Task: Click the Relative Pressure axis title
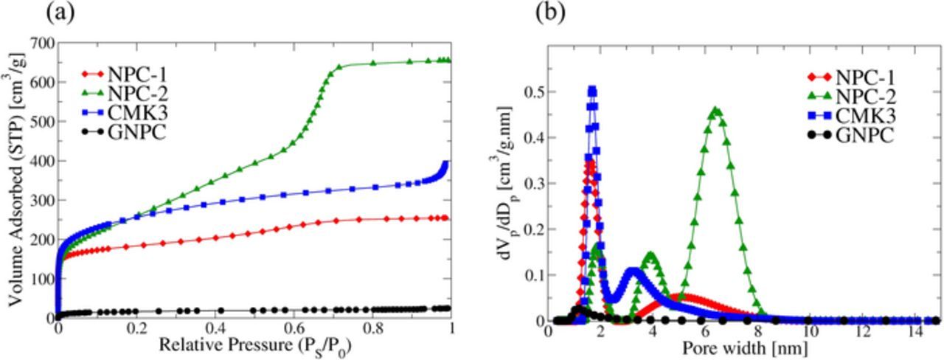click(x=254, y=345)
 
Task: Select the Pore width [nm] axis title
click(x=742, y=347)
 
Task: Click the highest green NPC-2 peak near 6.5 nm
click(x=715, y=111)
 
